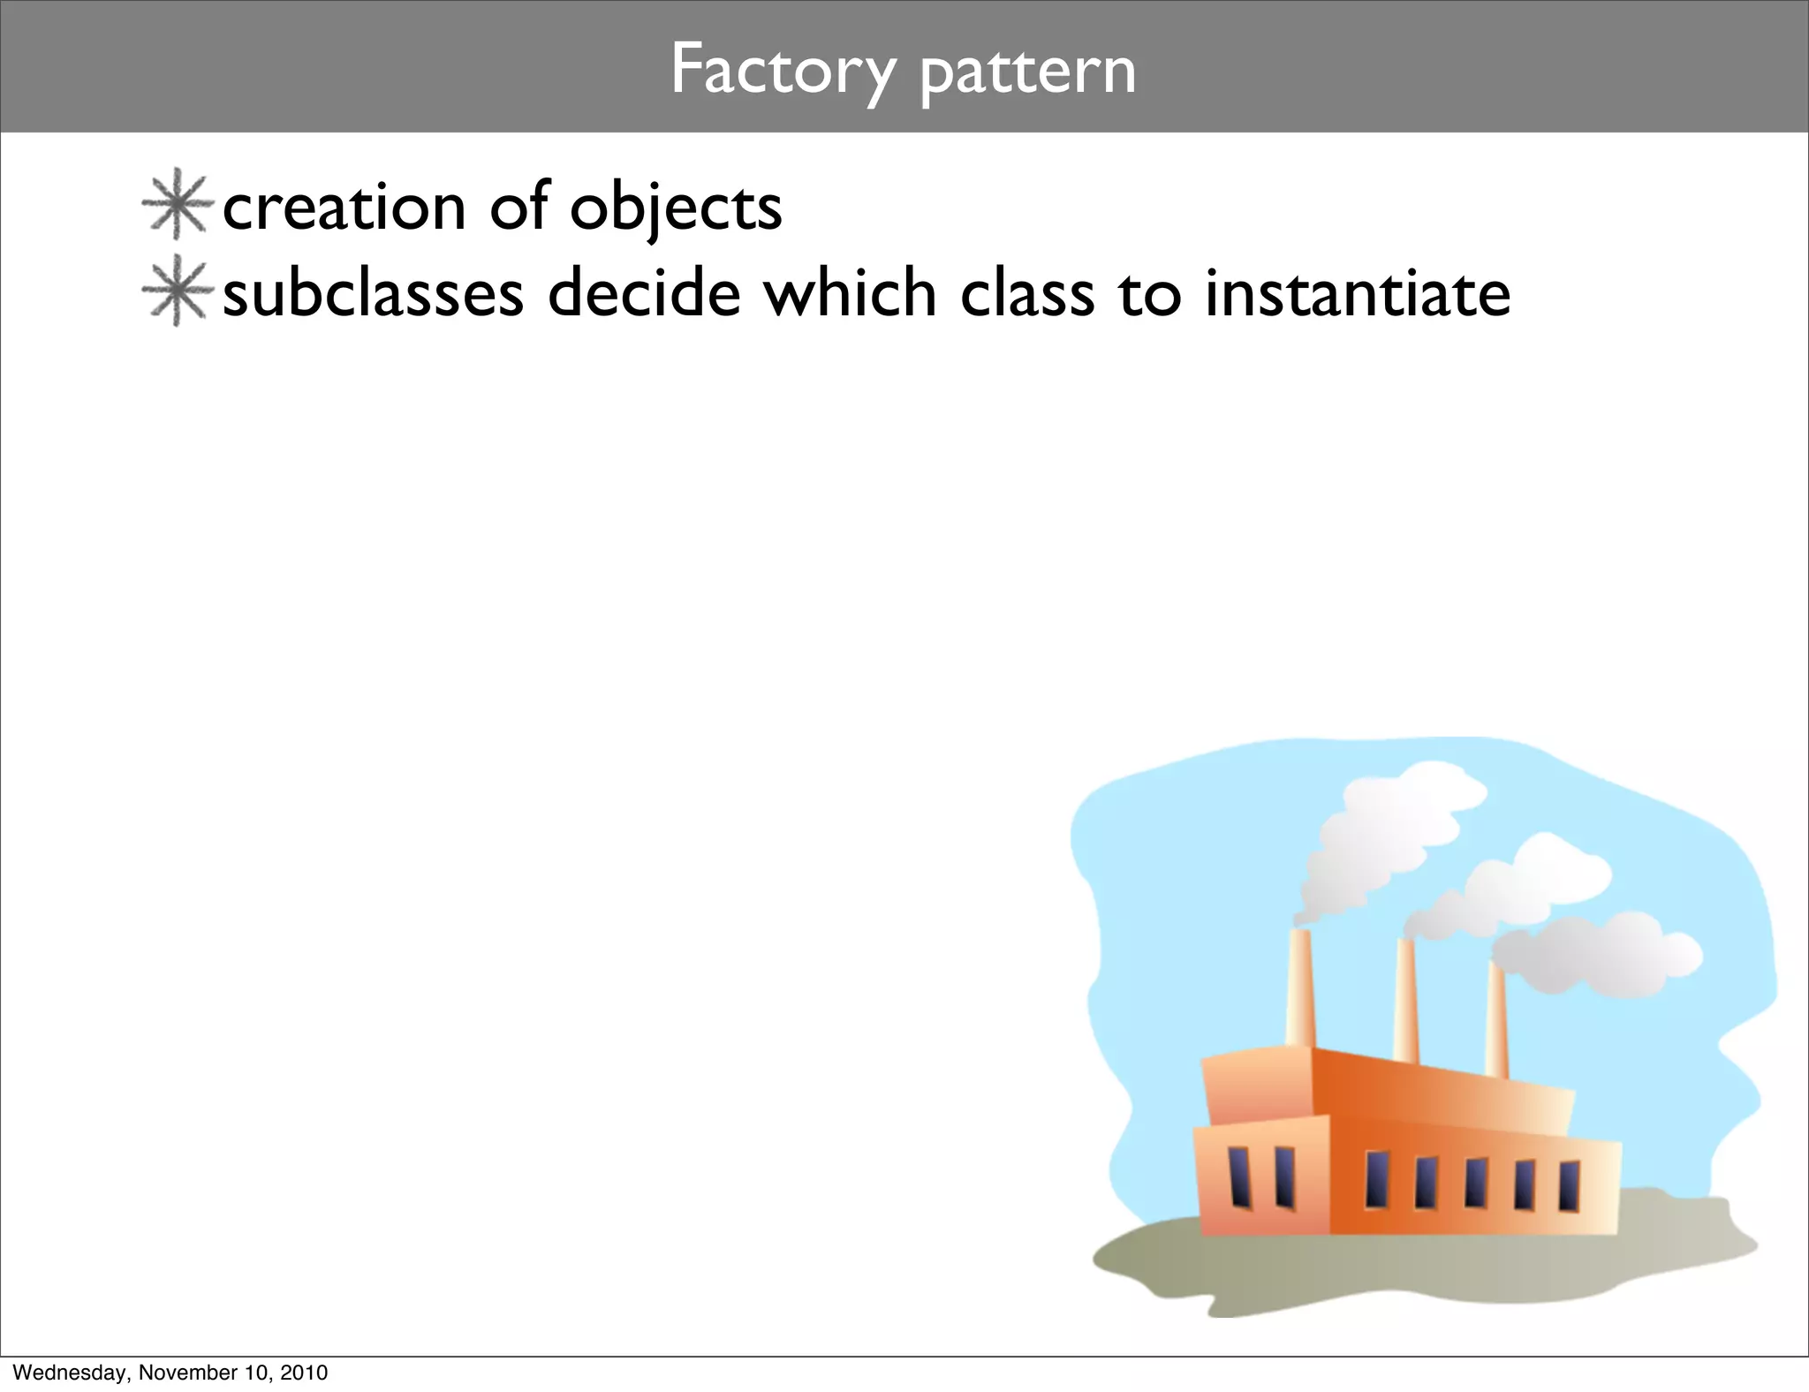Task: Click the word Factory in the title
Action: [x=783, y=71]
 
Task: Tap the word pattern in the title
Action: [x=1027, y=72]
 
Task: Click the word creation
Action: [x=344, y=208]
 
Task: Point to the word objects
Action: [x=676, y=209]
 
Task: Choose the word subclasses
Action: [x=373, y=293]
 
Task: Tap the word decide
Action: [x=644, y=293]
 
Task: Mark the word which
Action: [x=850, y=293]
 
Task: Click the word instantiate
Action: [x=1358, y=293]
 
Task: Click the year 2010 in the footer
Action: [x=304, y=1373]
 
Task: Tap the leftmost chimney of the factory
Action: [x=1298, y=989]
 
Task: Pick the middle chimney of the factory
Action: [x=1405, y=1002]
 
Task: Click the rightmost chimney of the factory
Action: [x=1496, y=1020]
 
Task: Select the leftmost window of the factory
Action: [x=1239, y=1176]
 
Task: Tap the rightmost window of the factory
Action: [x=1569, y=1186]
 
